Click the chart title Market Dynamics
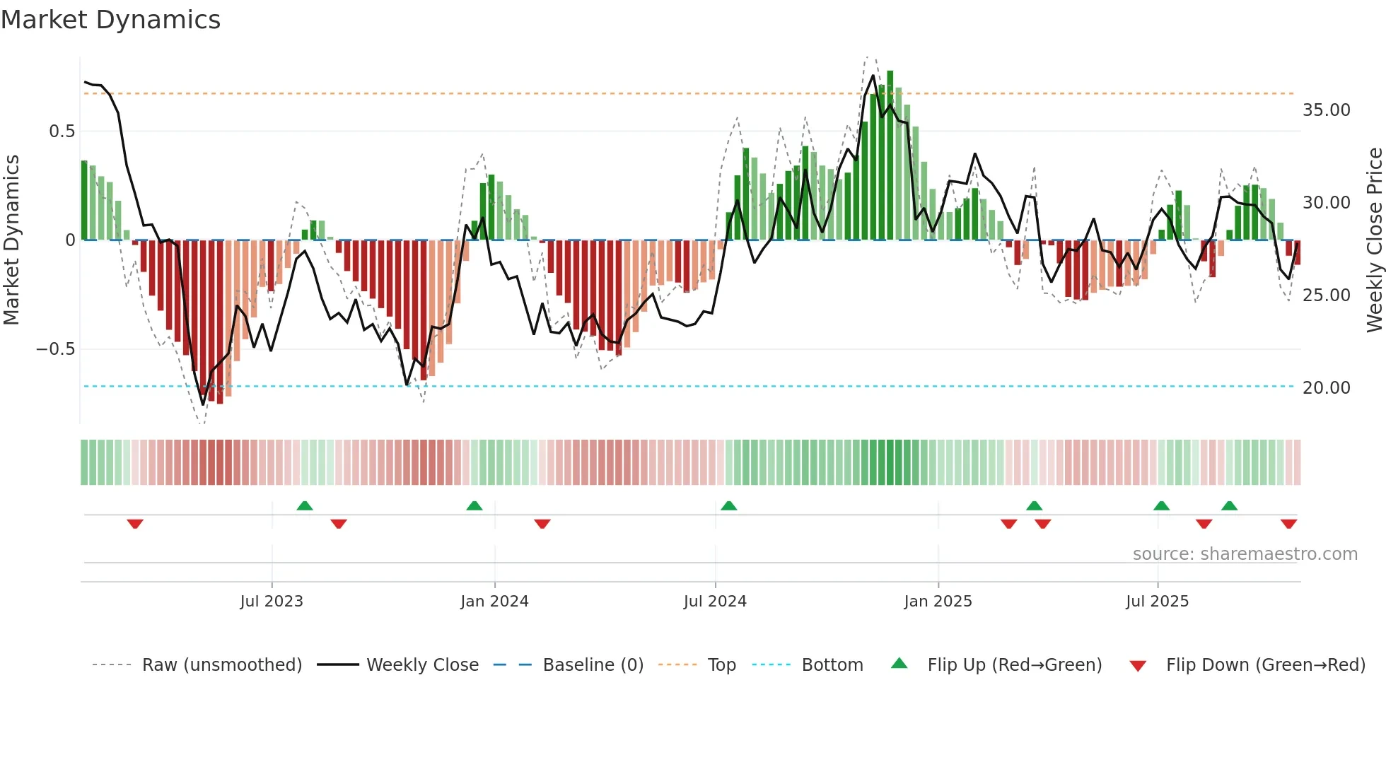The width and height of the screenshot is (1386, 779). pos(110,20)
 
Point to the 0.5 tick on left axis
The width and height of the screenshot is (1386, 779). pos(62,131)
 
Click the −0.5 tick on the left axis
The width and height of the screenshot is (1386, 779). pos(55,349)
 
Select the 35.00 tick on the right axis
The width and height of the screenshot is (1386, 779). pos(1326,110)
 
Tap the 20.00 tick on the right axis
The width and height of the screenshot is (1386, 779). pos(1326,388)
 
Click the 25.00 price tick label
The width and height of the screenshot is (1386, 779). pos(1326,295)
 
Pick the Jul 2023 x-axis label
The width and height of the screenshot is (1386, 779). pos(272,602)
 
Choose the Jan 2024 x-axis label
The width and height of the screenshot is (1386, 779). pos(494,602)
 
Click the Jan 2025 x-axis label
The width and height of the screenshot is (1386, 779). pos(938,602)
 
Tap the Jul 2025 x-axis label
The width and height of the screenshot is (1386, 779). pos(1157,602)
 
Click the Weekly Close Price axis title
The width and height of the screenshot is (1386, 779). pos(1374,240)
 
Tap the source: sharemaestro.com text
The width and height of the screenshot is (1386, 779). pos(1245,554)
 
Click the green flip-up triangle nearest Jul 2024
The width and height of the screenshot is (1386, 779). pos(728,506)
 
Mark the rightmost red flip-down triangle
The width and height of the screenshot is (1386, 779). pos(1288,524)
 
